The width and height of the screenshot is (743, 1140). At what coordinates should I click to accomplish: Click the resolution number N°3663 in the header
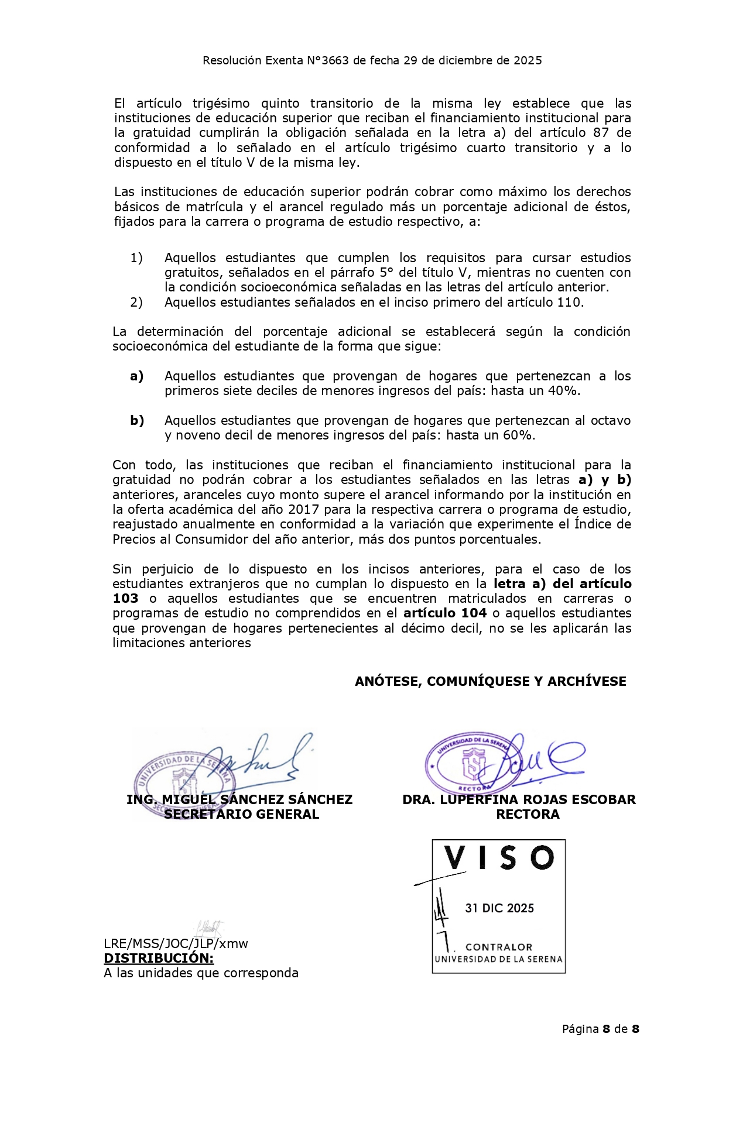pyautogui.click(x=327, y=60)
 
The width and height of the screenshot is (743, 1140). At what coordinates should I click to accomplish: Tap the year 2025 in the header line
pyautogui.click(x=528, y=60)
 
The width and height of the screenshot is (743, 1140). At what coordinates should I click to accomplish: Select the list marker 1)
pyautogui.click(x=136, y=258)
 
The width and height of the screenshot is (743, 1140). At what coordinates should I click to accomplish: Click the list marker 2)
pyautogui.click(x=136, y=303)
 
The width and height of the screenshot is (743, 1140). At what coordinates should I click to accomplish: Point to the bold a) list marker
pyautogui.click(x=137, y=376)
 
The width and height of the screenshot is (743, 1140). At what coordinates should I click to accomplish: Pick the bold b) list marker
pyautogui.click(x=137, y=421)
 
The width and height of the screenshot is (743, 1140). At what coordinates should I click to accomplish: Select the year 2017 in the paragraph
pyautogui.click(x=303, y=510)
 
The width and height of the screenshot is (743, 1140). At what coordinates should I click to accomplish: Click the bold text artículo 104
pyautogui.click(x=445, y=613)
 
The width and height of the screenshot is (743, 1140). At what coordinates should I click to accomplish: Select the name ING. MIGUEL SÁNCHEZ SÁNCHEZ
pyautogui.click(x=239, y=800)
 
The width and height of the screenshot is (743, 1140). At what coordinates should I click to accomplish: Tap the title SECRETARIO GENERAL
pyautogui.click(x=241, y=815)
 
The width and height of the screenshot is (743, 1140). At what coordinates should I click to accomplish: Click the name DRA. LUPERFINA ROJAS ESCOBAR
pyautogui.click(x=519, y=800)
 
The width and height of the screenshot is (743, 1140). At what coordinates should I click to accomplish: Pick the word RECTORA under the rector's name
pyautogui.click(x=528, y=815)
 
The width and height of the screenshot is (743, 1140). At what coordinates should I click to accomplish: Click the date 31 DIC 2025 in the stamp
pyautogui.click(x=499, y=908)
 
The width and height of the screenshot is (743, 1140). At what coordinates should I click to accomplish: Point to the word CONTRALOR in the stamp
pyautogui.click(x=499, y=947)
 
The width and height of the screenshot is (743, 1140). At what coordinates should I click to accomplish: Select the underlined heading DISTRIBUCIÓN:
pyautogui.click(x=159, y=958)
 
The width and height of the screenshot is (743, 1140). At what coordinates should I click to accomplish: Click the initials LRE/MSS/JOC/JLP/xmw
pyautogui.click(x=176, y=943)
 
